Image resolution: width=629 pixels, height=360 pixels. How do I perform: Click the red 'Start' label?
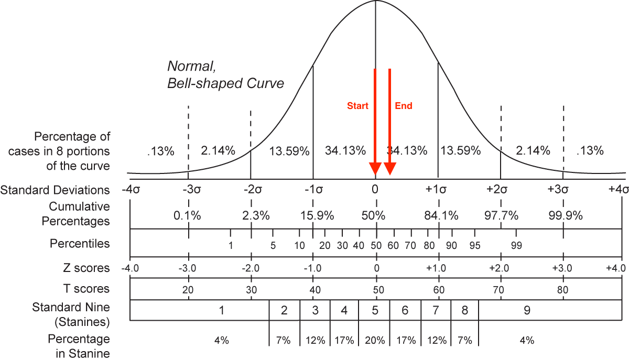(x=357, y=106)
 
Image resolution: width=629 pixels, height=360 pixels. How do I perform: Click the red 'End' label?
(x=404, y=106)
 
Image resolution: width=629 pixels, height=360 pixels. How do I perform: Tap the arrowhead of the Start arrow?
(x=375, y=169)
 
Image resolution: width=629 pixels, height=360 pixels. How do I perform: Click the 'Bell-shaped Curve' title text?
(x=225, y=83)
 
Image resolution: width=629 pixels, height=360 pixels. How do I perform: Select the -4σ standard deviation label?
(x=130, y=190)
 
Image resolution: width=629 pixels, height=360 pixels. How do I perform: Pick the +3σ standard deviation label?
(x=562, y=190)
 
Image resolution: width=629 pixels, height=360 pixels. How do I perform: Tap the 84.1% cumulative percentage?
(x=441, y=215)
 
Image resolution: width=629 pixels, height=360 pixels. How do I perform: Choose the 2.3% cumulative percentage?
(x=256, y=215)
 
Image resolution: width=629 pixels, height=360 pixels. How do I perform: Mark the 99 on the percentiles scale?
(x=516, y=245)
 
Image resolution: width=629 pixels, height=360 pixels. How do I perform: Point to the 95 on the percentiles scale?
(x=475, y=245)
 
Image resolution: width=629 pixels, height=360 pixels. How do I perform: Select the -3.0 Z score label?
(x=188, y=268)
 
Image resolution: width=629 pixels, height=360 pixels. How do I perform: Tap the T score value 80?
(x=563, y=290)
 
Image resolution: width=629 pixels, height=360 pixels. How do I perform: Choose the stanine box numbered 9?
(x=527, y=310)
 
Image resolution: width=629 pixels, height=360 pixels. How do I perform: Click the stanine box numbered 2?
(x=284, y=310)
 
